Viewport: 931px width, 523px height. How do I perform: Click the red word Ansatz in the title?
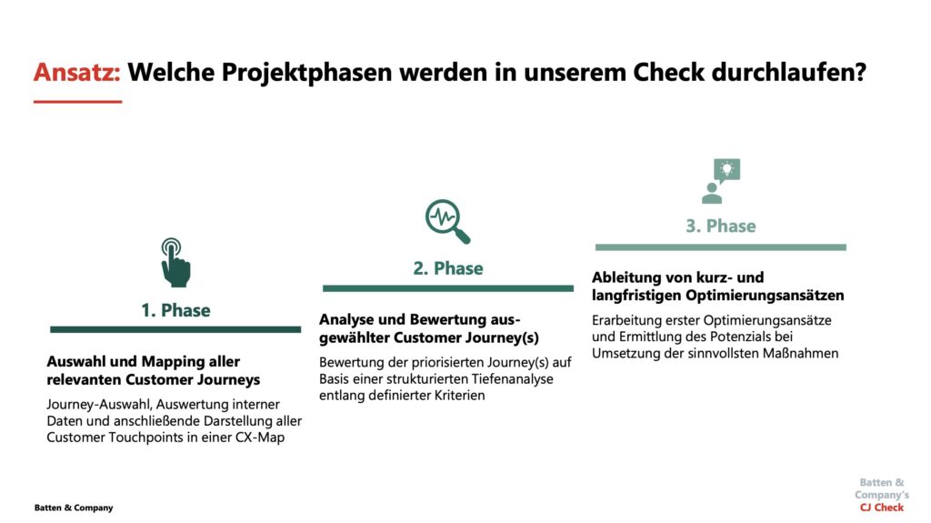[x=77, y=73]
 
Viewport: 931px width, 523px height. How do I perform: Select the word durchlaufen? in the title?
[x=788, y=73]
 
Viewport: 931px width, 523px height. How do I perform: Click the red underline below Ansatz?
[x=78, y=102]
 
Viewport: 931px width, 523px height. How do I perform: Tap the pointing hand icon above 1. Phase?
[x=175, y=263]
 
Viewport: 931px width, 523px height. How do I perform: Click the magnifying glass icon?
[x=447, y=221]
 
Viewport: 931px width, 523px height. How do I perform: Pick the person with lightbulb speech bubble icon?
[x=720, y=181]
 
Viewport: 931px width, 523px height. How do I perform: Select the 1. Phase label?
[x=175, y=310]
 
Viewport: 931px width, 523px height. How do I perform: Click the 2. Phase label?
[x=448, y=268]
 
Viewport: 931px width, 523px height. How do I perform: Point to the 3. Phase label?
[x=721, y=226]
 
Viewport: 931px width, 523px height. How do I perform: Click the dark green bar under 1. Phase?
[x=175, y=329]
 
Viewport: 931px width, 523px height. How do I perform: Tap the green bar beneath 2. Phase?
[x=448, y=288]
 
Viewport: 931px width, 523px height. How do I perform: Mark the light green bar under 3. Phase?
[x=721, y=247]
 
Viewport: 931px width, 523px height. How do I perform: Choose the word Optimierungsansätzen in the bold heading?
[x=765, y=296]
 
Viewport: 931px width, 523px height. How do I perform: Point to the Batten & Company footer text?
[x=74, y=508]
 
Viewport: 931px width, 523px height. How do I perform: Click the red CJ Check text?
[x=882, y=508]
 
